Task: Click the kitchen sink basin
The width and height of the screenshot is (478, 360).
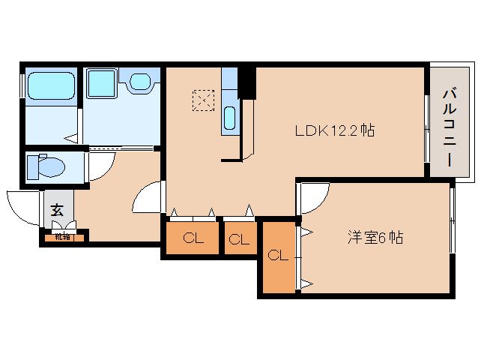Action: click(x=230, y=118)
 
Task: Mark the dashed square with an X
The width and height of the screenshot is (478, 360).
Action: click(x=202, y=100)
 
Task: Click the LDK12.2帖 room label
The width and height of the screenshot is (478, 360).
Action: click(x=334, y=130)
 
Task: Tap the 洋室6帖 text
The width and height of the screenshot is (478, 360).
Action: click(x=375, y=238)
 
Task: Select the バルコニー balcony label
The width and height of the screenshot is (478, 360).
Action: click(x=450, y=124)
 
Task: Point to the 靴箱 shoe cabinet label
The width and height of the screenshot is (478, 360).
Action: click(x=62, y=237)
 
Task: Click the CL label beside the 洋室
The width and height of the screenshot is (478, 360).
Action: click(x=278, y=255)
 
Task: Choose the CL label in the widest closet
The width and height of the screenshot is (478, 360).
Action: click(x=193, y=239)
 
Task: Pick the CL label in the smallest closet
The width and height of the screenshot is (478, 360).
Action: click(x=239, y=240)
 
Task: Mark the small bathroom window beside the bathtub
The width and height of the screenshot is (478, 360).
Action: click(x=22, y=85)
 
